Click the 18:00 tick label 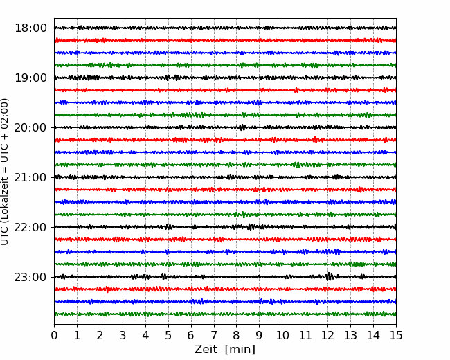pos(30,28)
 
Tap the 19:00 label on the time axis pos(30,78)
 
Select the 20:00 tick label pos(30,127)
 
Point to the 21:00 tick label pos(30,177)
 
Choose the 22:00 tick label pos(30,227)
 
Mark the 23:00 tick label pos(30,277)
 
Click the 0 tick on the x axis pos(54,335)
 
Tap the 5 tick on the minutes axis pos(168,335)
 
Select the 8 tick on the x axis pos(237,335)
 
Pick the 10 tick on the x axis pos(282,335)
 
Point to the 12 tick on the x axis pos(327,335)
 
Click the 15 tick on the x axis pos(396,335)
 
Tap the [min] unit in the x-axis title pos(240,350)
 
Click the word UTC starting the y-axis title pos(5,237)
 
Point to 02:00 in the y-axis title pos(5,110)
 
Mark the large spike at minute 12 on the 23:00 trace pos(329,276)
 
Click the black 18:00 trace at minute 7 pos(214,28)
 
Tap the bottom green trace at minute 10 pos(282,314)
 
